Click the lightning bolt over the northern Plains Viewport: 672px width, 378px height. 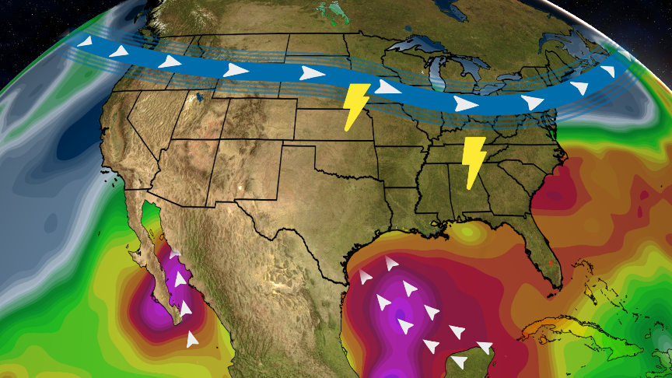[356, 105]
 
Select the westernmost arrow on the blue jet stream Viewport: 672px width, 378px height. [86, 42]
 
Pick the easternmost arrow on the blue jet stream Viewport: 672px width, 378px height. [607, 72]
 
